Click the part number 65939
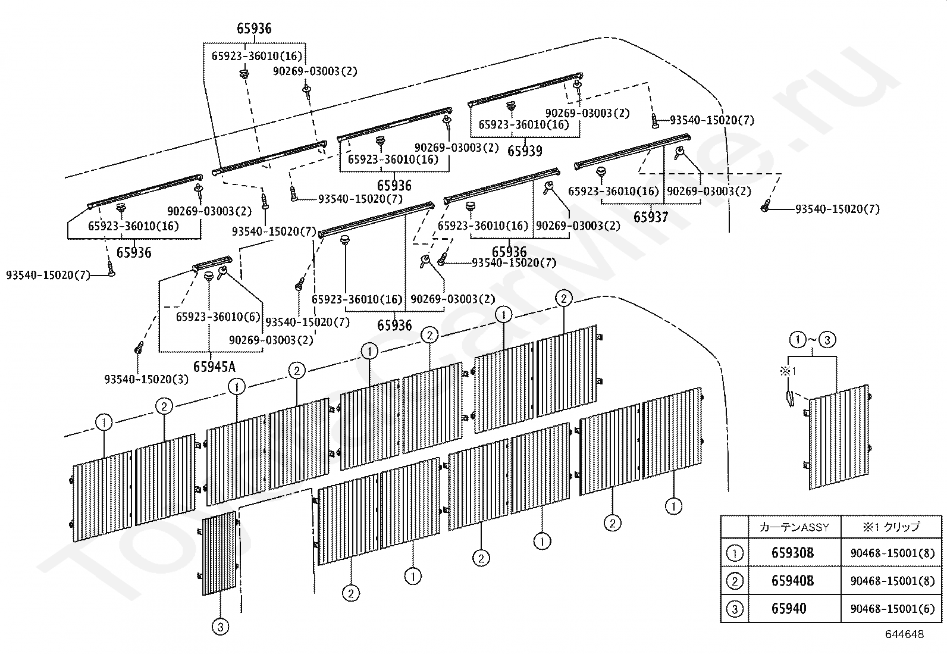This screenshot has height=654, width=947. point(525,151)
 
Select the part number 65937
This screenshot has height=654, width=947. point(651,217)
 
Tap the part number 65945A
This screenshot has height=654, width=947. point(214,367)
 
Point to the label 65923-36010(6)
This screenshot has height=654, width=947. point(218,317)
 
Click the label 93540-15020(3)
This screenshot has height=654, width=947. point(146,379)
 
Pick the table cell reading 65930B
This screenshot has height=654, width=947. point(792,553)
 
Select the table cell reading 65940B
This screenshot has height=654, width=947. point(792,581)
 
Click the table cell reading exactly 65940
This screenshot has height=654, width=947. point(789,608)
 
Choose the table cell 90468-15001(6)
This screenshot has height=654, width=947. point(892,609)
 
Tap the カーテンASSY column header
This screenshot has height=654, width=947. point(794,527)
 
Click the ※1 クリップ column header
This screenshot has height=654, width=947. point(891,527)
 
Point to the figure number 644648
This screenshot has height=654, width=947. point(905,634)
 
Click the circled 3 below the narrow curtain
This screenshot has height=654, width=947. point(220,627)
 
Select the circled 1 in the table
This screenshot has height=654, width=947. point(735,553)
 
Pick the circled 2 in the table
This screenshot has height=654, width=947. point(735,581)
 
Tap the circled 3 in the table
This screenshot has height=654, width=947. point(735,609)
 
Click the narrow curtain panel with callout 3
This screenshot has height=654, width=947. point(219,553)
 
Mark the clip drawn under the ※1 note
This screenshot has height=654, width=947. point(789,399)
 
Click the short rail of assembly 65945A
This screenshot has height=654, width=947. point(212,263)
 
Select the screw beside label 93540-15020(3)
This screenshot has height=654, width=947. point(138,348)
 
